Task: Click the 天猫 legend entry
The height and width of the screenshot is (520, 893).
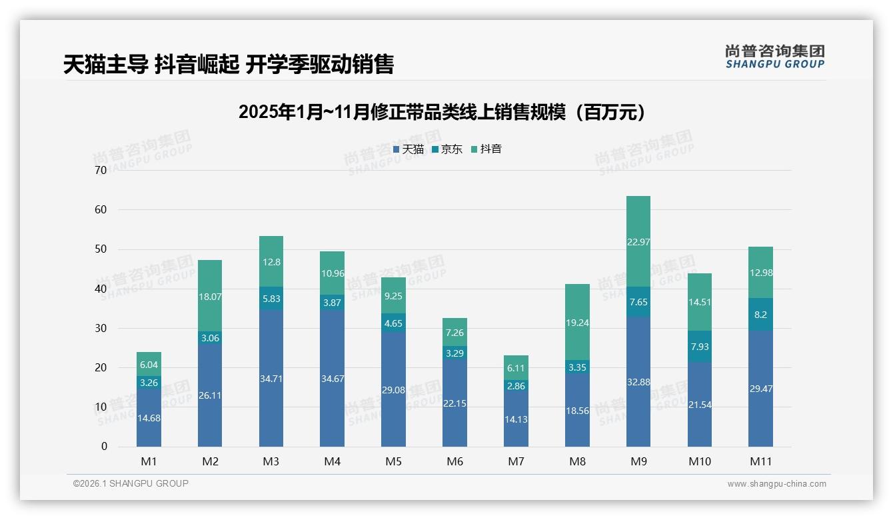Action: pyautogui.click(x=409, y=149)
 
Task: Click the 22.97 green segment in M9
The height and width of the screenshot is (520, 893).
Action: pyautogui.click(x=638, y=241)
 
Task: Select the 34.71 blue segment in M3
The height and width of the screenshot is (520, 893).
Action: pyautogui.click(x=271, y=378)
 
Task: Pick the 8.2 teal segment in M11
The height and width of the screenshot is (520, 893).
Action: pyautogui.click(x=760, y=314)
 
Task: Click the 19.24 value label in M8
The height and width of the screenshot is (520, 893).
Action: pyautogui.click(x=577, y=323)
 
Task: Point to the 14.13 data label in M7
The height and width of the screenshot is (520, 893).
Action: pyautogui.click(x=516, y=419)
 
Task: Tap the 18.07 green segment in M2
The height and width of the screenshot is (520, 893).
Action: pyautogui.click(x=210, y=295)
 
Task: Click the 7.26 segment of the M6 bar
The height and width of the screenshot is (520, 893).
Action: pyautogui.click(x=455, y=332)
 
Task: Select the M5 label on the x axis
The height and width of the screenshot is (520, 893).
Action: pyautogui.click(x=393, y=461)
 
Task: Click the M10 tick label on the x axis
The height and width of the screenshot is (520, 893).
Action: pyautogui.click(x=699, y=461)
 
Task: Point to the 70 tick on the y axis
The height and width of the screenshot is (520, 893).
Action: pyautogui.click(x=101, y=170)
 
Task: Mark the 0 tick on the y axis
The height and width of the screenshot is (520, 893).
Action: pyautogui.click(x=104, y=447)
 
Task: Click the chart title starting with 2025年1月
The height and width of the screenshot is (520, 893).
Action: pyautogui.click(x=443, y=112)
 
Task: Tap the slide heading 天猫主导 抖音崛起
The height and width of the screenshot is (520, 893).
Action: pyautogui.click(x=229, y=64)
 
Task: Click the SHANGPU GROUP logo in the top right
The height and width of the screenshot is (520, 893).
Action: pyautogui.click(x=774, y=57)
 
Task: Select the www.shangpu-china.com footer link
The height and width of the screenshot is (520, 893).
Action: pyautogui.click(x=776, y=484)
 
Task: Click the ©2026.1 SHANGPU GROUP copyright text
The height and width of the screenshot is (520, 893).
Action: pyautogui.click(x=131, y=483)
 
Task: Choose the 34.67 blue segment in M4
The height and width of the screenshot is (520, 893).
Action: pyautogui.click(x=332, y=378)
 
